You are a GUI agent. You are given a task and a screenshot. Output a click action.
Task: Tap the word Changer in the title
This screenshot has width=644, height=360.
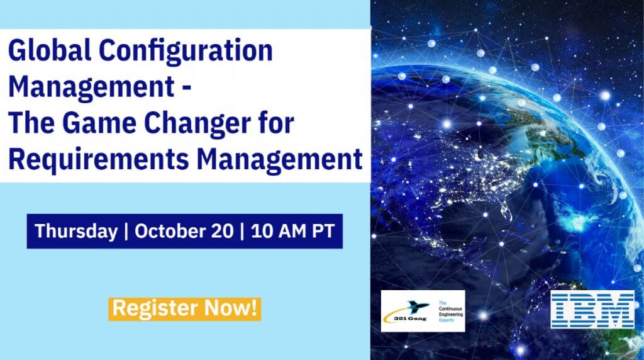point(213,123)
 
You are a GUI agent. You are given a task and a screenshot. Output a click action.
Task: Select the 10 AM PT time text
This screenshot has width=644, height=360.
point(292,231)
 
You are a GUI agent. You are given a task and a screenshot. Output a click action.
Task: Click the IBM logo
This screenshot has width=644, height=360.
point(592,310)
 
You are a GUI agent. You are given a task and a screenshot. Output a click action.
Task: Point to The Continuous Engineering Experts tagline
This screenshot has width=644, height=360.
point(450,311)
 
